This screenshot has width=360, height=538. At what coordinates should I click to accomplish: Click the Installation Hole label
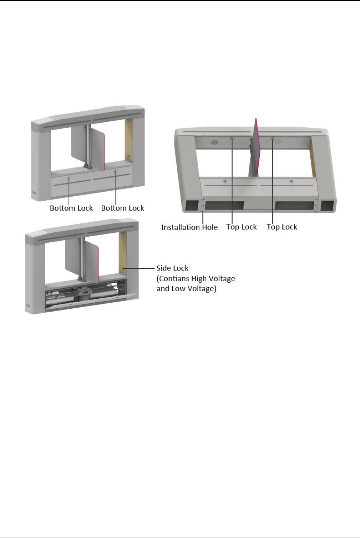coord(189,227)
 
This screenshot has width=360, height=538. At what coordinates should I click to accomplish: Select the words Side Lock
coord(172,268)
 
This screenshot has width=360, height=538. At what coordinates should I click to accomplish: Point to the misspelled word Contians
coord(175,278)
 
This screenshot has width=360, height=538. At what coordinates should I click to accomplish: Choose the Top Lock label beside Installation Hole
coord(241,227)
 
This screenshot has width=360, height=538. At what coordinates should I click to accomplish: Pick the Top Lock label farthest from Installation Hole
coord(282,227)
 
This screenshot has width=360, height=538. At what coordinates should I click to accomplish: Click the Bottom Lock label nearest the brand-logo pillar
coord(71,208)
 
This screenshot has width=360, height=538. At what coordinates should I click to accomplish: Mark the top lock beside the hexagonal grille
coord(232,139)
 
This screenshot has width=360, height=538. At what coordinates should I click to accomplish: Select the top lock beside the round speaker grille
coord(272,139)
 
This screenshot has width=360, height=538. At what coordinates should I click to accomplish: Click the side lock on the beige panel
coord(123,268)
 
